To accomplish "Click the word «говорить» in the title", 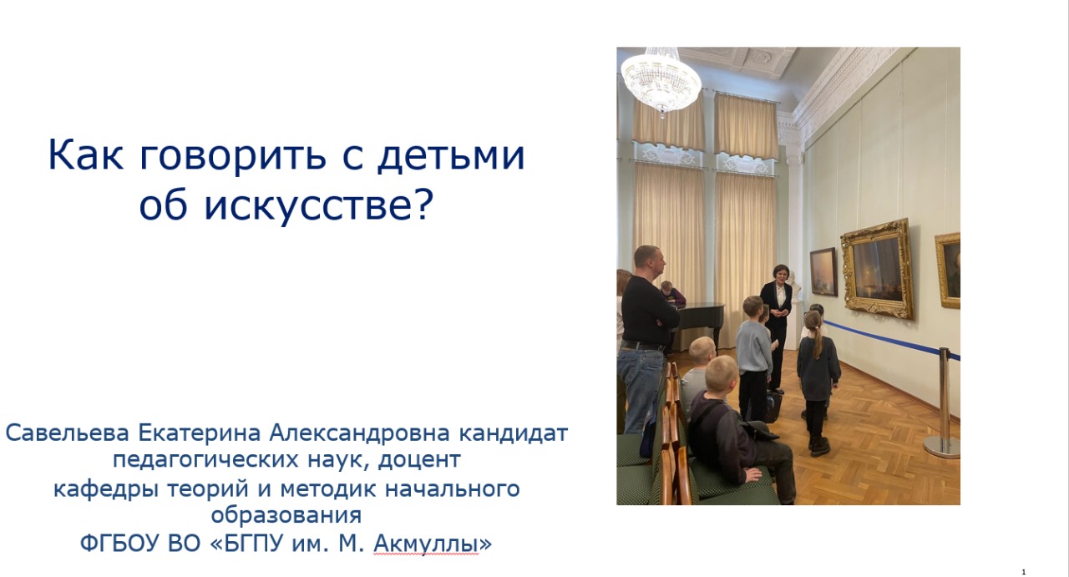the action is pos(233,154).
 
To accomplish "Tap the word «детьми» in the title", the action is pos(452,154).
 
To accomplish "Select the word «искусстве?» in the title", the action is pos(319,206).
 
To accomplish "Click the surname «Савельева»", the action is pos(68,433).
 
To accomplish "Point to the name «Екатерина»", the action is pos(200,433).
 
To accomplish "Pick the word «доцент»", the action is pos(419,460).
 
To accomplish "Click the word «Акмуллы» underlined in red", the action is pos(426,543).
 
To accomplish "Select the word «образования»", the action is pos(286,515).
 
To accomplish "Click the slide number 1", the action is pos(1024,572).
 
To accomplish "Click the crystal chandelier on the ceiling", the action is pos(661,81).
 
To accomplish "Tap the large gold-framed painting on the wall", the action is pos(878,269).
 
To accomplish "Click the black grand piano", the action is pos(699,320).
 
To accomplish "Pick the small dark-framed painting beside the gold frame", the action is pos(823,272).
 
